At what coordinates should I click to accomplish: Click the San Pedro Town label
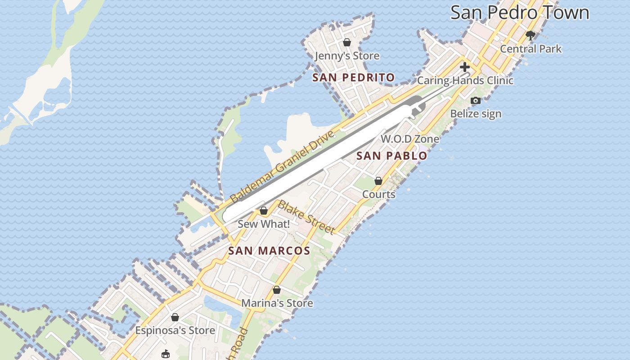tap(520, 12)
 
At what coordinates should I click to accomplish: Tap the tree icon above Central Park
tap(531, 36)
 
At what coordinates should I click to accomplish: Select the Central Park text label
tap(531, 49)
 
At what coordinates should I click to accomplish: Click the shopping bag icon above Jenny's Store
tap(347, 42)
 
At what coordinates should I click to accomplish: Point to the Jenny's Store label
tap(347, 56)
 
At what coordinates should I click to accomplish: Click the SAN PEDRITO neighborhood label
tap(354, 77)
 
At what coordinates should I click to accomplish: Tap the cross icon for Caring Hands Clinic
tap(465, 67)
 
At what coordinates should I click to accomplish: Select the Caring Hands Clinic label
tap(465, 81)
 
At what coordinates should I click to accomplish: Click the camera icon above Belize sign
tap(476, 100)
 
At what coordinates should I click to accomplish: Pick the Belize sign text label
tap(476, 113)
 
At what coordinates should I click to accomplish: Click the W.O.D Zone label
tap(410, 139)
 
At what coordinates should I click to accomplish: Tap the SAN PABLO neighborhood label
tap(391, 156)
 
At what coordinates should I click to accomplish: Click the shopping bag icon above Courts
tap(378, 181)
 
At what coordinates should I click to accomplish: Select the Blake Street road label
tap(306, 218)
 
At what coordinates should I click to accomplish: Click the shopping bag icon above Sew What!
tap(264, 211)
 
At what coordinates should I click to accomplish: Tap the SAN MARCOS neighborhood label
tap(269, 251)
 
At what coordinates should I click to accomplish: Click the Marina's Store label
tap(277, 303)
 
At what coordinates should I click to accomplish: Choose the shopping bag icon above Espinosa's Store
tap(175, 317)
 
